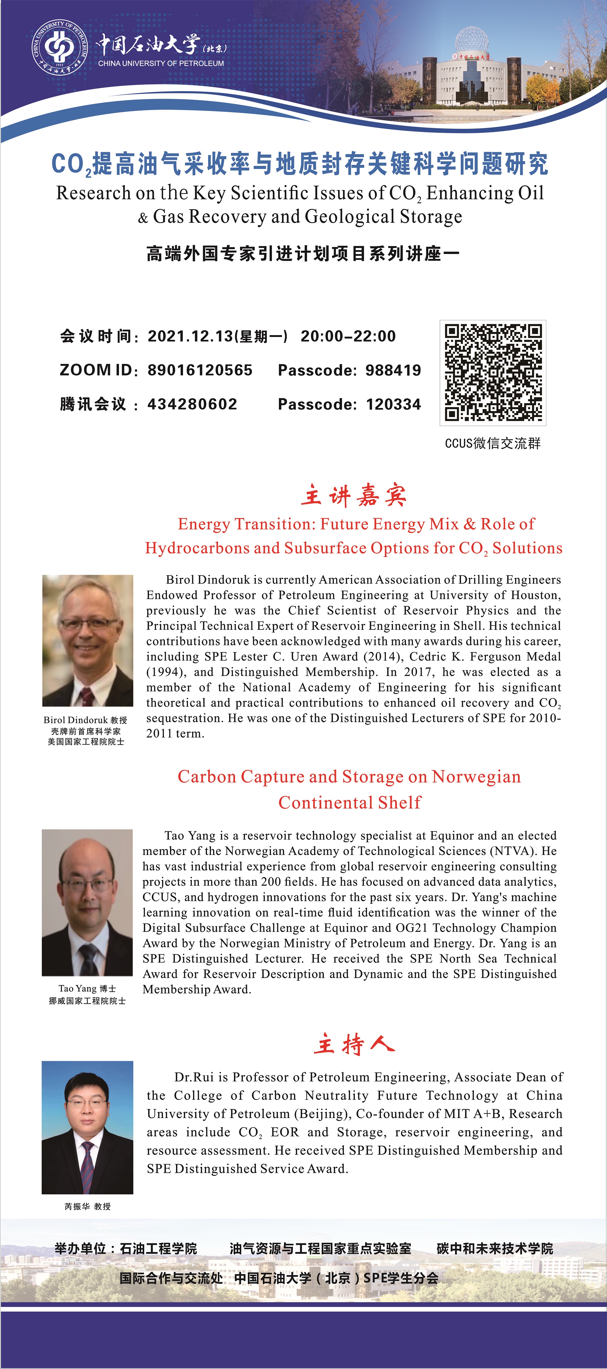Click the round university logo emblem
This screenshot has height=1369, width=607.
click(x=59, y=48)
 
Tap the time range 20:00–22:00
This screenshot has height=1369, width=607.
click(x=348, y=336)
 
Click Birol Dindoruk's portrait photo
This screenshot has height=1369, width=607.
click(x=88, y=640)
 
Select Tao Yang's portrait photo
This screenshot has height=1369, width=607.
click(x=87, y=902)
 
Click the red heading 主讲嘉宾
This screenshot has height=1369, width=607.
click(x=354, y=495)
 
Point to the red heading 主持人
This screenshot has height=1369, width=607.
click(x=354, y=1044)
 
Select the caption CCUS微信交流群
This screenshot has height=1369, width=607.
click(x=492, y=443)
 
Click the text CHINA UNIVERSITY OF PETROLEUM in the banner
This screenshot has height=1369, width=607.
click(x=161, y=63)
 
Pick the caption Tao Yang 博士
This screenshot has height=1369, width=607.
click(x=87, y=989)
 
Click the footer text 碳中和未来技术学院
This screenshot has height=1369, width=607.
click(x=494, y=1248)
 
